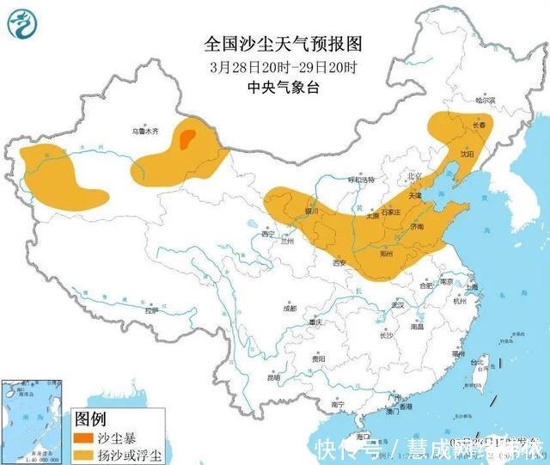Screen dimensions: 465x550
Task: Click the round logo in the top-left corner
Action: [23, 22]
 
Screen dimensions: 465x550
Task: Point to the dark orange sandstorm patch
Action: [187, 136]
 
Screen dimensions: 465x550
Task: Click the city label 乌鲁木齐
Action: [146, 132]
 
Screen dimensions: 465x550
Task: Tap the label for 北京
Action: [415, 176]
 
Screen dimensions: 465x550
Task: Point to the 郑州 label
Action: [388, 254]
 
